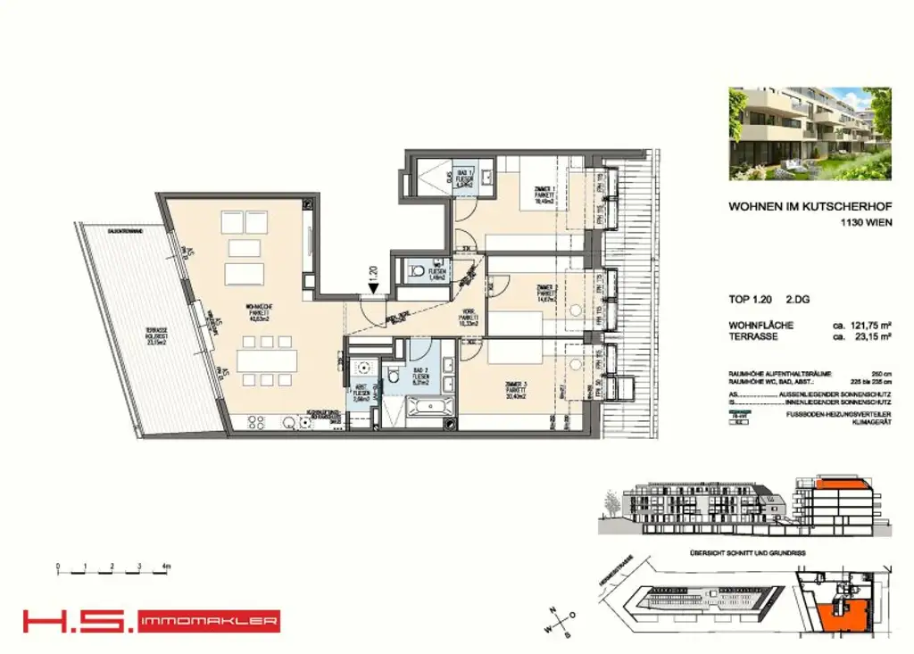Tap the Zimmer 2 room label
546,292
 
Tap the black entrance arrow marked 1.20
372,287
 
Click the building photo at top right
810,133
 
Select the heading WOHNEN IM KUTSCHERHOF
810,206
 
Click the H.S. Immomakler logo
151,620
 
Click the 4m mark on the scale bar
167,567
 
